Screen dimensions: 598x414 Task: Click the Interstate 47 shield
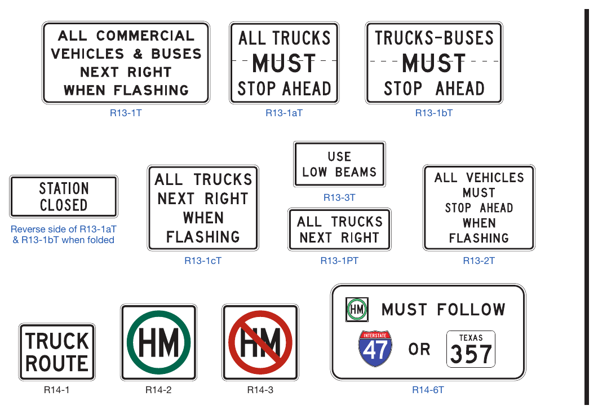pos(375,349)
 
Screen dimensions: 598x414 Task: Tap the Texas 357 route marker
pos(471,349)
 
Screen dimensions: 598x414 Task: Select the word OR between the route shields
pos(419,349)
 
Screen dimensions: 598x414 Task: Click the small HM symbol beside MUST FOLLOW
pos(357,310)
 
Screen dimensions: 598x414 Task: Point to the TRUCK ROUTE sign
pos(57,352)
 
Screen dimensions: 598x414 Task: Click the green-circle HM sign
pos(158,342)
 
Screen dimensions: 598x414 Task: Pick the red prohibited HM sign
pos(260,342)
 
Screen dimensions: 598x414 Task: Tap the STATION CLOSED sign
pos(64,196)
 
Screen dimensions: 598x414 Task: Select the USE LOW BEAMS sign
pos(339,164)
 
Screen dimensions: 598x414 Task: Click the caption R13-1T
pos(126,113)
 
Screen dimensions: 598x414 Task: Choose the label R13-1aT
pos(284,113)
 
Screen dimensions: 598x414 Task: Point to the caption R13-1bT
pos(434,113)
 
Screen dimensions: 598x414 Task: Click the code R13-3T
pos(339,197)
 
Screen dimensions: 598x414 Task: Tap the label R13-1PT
pos(339,261)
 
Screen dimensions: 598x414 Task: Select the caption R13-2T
pos(479,261)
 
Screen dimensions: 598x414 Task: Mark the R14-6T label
pos(428,390)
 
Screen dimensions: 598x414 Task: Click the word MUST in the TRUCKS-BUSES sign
pos(434,63)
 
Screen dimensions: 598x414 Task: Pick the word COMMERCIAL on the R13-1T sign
pos(145,36)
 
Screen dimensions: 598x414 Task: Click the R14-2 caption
pos(158,390)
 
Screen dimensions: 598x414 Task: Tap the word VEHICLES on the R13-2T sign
pos(495,178)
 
